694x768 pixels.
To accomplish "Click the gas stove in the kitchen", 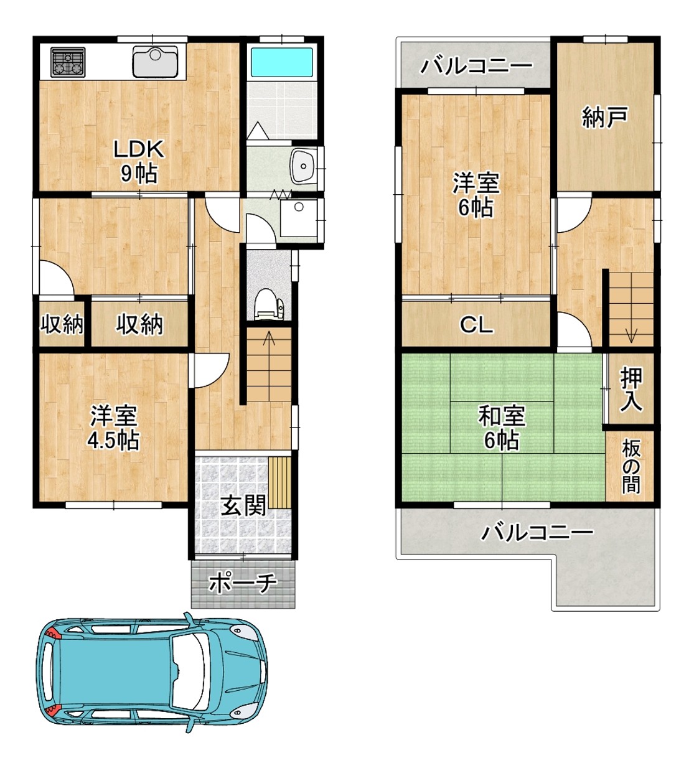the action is pyautogui.click(x=68, y=62).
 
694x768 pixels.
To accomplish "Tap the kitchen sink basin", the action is pyautogui.click(x=155, y=62).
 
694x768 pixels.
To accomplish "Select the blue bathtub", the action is pyautogui.click(x=281, y=62).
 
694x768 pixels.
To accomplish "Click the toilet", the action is pyautogui.click(x=268, y=304).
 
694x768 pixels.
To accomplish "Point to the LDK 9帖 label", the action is pyautogui.click(x=139, y=161).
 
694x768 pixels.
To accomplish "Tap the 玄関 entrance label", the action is pyautogui.click(x=243, y=506).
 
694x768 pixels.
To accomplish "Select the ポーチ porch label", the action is pyautogui.click(x=243, y=583).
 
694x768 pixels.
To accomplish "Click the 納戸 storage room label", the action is pyautogui.click(x=605, y=117).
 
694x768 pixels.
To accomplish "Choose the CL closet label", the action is pyautogui.click(x=476, y=325).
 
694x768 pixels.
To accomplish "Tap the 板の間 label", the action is pyautogui.click(x=631, y=466).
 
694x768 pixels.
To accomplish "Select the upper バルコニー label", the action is pyautogui.click(x=476, y=67).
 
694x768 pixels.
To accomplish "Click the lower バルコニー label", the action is pyautogui.click(x=537, y=533).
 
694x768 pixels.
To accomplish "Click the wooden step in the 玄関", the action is pyautogui.click(x=280, y=482).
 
